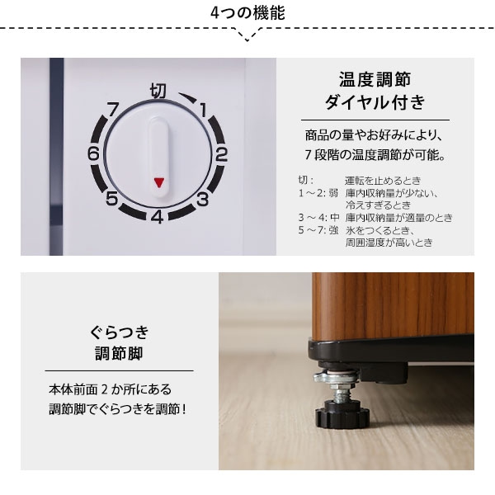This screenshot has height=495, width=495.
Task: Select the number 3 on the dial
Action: [201, 197]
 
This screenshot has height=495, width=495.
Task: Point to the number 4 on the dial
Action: [157, 218]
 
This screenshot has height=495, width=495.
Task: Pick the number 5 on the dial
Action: [111, 198]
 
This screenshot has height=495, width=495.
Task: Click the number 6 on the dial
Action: [93, 154]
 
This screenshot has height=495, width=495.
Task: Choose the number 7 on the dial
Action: [112, 107]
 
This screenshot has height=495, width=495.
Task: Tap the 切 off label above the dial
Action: [158, 87]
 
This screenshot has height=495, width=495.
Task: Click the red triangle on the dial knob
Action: [158, 182]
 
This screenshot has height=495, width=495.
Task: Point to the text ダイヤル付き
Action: [375, 104]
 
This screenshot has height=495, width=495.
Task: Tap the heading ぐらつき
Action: [120, 333]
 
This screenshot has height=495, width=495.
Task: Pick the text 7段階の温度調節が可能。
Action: [375, 155]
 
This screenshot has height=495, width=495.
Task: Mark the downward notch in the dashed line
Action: [247, 36]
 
